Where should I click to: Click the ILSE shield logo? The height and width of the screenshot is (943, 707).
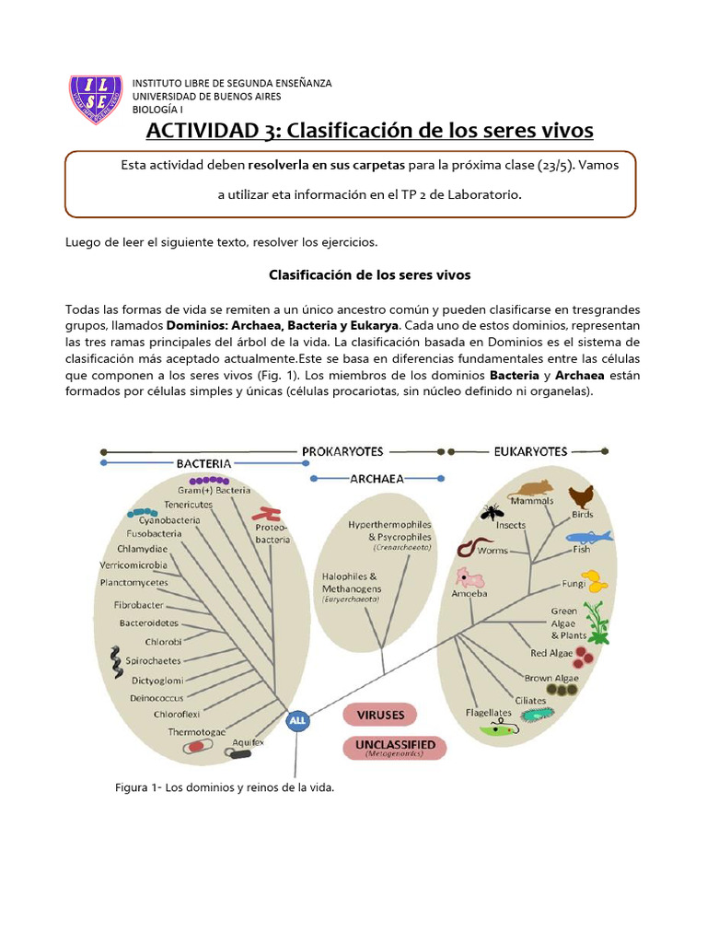96,97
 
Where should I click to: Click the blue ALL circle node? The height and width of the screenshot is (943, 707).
297,721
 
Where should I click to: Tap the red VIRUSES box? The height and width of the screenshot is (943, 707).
380,715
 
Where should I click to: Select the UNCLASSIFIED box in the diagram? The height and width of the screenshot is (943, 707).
395,747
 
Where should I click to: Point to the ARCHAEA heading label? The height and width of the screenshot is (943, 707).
377,479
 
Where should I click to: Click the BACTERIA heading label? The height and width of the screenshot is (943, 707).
203,464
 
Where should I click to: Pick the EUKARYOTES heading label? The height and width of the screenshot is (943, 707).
530,451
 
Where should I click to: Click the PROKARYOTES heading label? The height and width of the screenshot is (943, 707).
342,451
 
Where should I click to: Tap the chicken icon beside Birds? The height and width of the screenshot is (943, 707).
580,497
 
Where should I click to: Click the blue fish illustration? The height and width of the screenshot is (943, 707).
587,536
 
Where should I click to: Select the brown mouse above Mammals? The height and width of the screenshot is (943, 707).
533,488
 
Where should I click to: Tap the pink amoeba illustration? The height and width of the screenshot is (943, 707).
469,579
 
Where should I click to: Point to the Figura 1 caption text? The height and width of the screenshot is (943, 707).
224,788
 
